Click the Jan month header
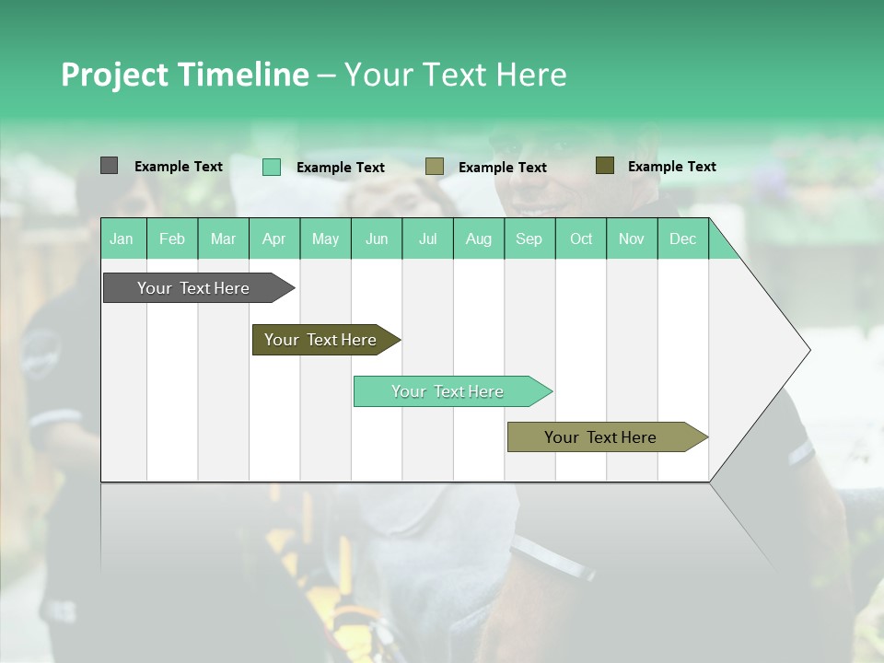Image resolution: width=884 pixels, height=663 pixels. pos(122,238)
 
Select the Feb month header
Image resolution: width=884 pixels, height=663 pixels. pos(172,238)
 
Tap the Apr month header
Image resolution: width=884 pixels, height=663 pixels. pos(274,238)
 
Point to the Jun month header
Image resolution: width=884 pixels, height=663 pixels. pos(377,238)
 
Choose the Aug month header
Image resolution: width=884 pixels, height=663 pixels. pos(479,238)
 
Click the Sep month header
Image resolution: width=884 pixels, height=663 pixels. pos(529,238)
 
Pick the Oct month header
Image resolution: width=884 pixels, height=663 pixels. pos(581,238)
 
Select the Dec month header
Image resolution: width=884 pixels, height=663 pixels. pos(682,238)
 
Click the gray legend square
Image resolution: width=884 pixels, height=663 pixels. pos(109,166)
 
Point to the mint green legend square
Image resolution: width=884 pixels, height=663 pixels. pos(272,167)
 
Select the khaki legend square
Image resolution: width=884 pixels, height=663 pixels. pos(435,167)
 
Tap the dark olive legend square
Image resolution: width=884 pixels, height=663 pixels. pos(604,166)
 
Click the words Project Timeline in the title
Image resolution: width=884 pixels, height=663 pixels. pos(184,75)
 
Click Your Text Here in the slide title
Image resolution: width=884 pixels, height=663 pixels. pos(455,75)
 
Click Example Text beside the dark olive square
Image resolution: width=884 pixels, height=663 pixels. pos(671,167)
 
